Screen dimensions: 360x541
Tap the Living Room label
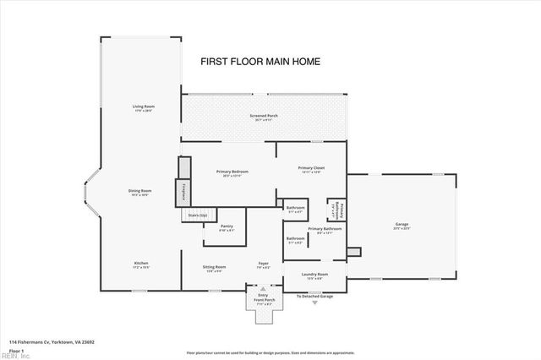coord(141,107)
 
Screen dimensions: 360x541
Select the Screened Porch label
coord(264,117)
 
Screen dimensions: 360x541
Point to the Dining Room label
coord(139,192)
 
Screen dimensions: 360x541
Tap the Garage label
coord(402,226)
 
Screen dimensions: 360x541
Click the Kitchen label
coord(141,265)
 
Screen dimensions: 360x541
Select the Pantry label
coord(227,227)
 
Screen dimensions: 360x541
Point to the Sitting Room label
coord(214,269)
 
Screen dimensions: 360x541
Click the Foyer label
coord(263,265)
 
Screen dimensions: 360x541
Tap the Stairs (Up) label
coord(198,215)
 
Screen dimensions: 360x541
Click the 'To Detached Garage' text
coord(314,297)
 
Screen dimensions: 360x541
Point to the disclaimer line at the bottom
coord(270,352)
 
